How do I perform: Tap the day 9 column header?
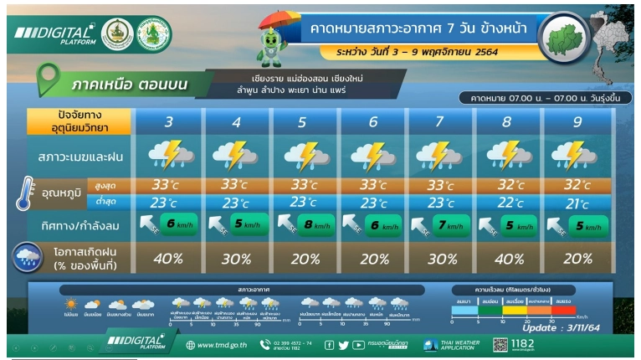(577, 122)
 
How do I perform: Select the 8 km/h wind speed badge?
(316, 224)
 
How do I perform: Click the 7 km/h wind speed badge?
(452, 224)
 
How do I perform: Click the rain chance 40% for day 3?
(169, 258)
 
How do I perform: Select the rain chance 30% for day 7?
(441, 258)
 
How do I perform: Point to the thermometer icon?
(23, 193)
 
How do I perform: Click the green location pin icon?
(49, 80)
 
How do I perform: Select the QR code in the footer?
(500, 344)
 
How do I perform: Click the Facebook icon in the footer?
(329, 345)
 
